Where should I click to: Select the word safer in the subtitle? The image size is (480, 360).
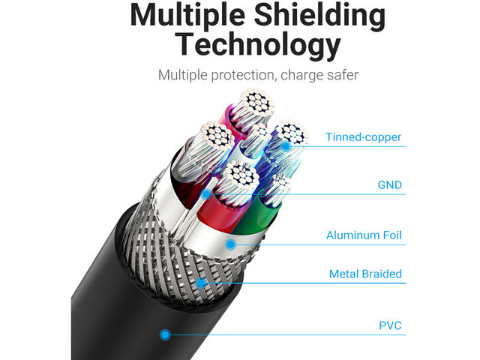click(338, 76)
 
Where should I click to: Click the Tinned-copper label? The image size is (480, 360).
click(363, 137)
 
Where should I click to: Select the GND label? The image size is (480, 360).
click(389, 184)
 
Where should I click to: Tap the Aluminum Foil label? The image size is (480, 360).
click(364, 235)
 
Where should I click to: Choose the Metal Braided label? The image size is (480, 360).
click(365, 274)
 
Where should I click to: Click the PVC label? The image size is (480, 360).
click(390, 325)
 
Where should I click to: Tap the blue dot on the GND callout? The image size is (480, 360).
click(206, 193)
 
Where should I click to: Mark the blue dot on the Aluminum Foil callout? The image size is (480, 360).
click(231, 244)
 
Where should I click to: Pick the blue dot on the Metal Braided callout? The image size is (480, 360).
click(201, 283)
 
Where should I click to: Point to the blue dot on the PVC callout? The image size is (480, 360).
click(164, 334)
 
